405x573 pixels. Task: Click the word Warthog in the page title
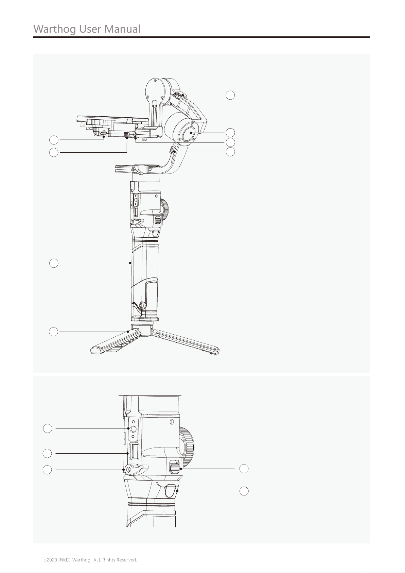click(x=55, y=29)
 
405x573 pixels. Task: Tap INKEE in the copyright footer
click(x=65, y=560)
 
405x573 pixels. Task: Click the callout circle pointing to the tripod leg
click(x=53, y=332)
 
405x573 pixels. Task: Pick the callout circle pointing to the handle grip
click(x=54, y=263)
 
